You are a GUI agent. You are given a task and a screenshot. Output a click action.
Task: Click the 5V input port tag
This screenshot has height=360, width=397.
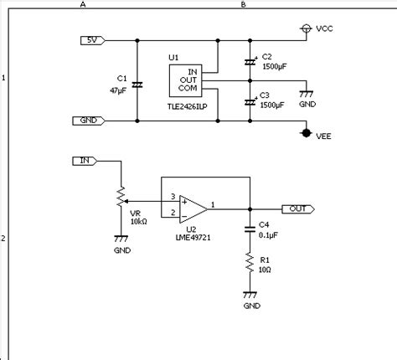tap(93, 40)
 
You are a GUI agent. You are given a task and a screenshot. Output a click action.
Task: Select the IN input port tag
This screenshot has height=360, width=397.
tap(85, 161)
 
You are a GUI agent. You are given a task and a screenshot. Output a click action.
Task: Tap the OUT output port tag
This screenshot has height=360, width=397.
tap(298, 209)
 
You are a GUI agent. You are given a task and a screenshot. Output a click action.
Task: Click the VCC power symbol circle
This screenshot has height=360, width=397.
tap(307, 28)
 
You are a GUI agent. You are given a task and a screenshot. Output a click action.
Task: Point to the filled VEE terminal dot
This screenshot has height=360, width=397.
tap(307, 133)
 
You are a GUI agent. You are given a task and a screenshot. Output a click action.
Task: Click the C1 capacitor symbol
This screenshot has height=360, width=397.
tap(137, 85)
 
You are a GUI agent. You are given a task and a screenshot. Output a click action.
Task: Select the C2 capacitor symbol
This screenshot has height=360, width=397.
tap(250, 62)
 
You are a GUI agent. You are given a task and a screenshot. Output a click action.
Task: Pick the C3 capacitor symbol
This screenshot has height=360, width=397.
tap(250, 102)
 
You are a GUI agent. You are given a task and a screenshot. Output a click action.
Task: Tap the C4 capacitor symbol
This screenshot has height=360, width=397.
tap(250, 229)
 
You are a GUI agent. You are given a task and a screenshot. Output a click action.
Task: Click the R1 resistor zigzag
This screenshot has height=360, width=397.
tap(250, 263)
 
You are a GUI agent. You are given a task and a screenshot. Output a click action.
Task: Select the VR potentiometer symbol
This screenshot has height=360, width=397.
tap(121, 197)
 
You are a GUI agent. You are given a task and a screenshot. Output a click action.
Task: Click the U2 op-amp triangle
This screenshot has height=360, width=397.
tap(193, 209)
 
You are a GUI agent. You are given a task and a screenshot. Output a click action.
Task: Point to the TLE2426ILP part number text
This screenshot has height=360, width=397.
tap(188, 106)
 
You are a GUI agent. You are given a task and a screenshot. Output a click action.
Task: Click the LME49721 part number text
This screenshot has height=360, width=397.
tap(193, 238)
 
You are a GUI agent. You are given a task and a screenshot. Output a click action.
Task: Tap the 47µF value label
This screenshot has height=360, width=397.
tap(118, 90)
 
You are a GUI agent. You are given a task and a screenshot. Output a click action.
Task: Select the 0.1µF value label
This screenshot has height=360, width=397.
tap(268, 235)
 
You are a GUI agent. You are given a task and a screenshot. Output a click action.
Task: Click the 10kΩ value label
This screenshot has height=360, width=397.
tap(139, 222)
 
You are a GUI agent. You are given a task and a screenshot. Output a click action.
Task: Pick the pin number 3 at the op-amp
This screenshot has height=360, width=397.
tap(173, 197)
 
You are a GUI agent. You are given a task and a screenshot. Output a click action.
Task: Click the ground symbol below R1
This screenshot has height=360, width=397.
tap(250, 295)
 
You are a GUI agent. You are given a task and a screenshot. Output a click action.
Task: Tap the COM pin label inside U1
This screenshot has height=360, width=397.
tap(188, 88)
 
